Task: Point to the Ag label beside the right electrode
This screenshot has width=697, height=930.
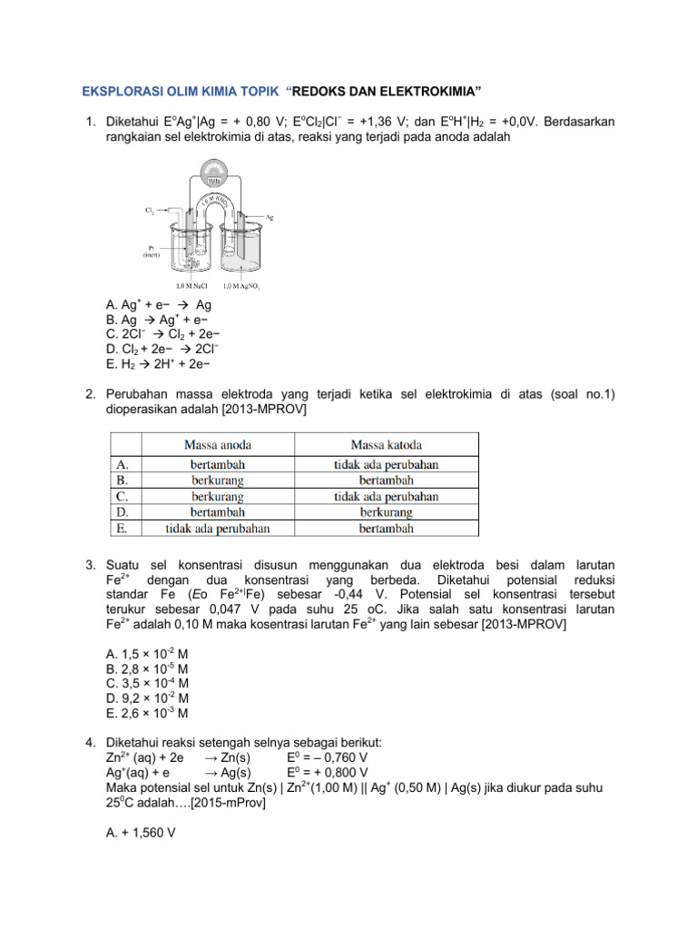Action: (x=270, y=217)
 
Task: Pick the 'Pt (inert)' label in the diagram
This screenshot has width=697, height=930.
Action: (x=151, y=250)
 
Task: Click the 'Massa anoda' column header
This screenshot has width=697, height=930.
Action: (x=218, y=444)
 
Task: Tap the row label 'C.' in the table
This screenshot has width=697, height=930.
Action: (x=122, y=497)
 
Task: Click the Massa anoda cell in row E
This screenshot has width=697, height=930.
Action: (x=218, y=528)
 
